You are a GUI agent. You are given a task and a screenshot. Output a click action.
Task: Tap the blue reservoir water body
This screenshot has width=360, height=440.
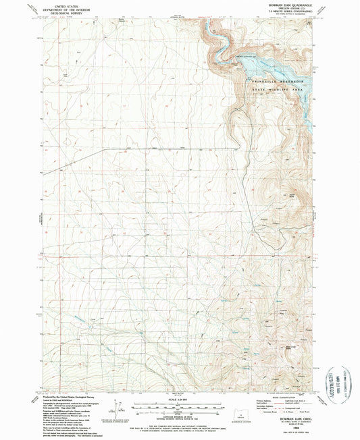[260, 67]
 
